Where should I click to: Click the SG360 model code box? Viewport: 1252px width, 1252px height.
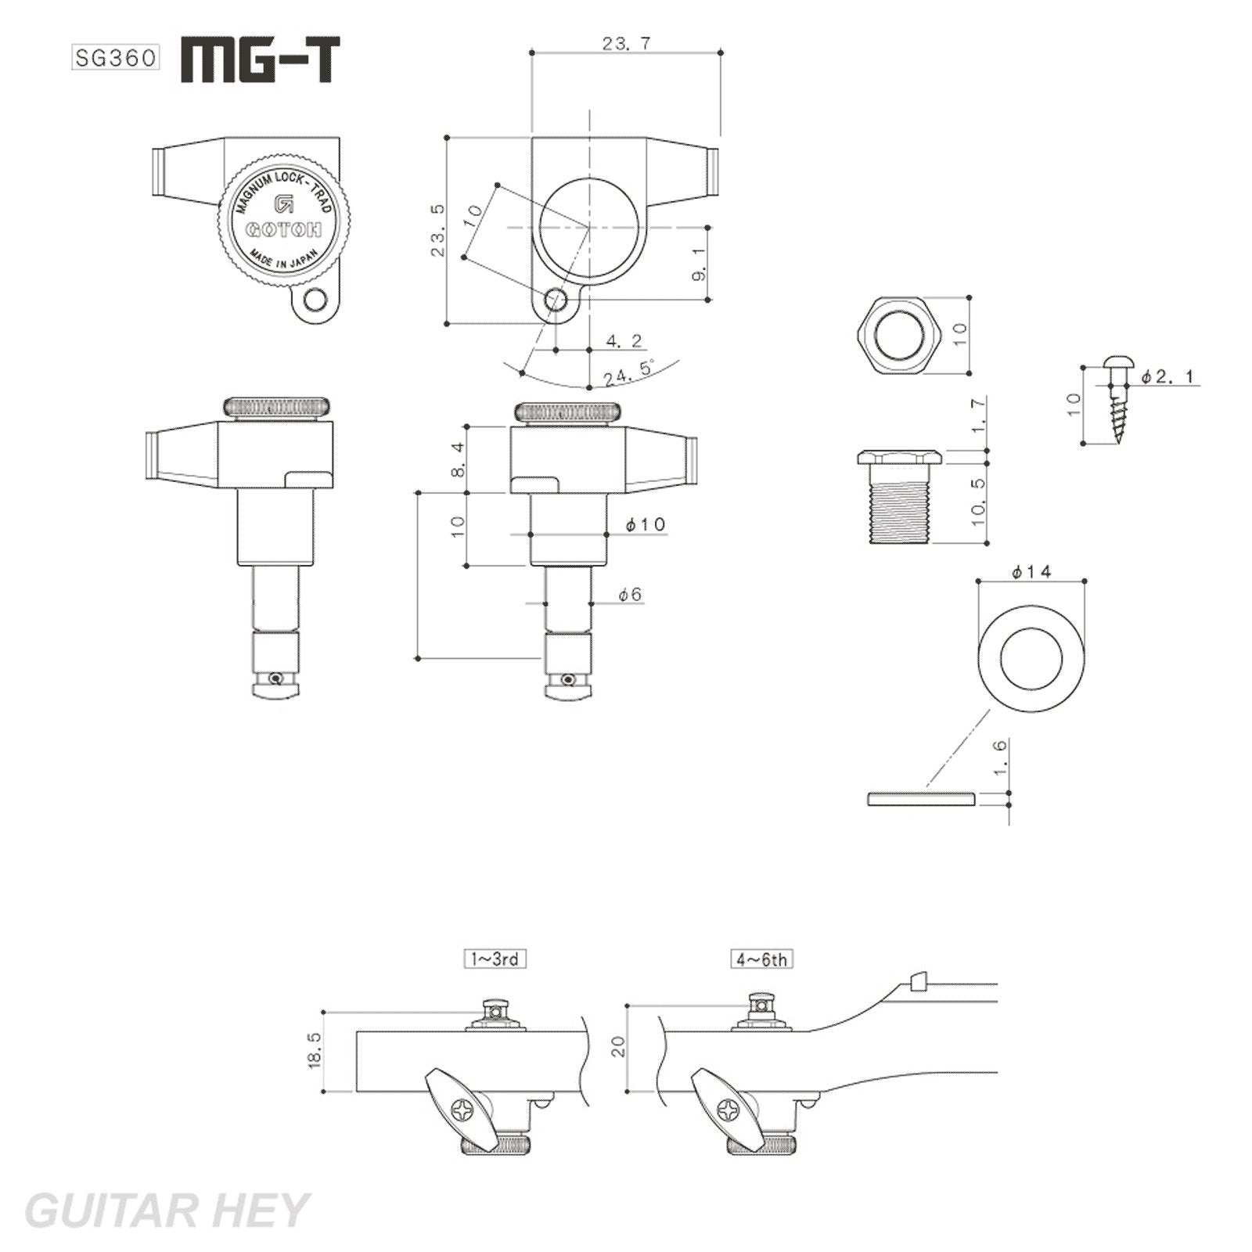click(x=116, y=58)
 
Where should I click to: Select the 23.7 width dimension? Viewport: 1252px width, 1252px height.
click(x=627, y=44)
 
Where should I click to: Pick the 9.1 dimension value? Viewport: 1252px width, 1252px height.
click(x=700, y=264)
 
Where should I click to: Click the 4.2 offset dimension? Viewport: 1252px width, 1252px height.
click(x=624, y=340)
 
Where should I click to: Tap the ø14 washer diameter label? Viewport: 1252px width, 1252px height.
click(x=1031, y=572)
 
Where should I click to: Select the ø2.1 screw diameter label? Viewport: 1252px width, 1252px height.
click(x=1167, y=376)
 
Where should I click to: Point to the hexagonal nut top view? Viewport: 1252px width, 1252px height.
click(x=899, y=336)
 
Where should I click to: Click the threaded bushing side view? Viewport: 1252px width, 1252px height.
click(x=898, y=496)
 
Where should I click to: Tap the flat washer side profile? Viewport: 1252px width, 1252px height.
click(x=920, y=799)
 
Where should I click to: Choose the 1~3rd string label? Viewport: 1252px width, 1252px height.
click(x=495, y=959)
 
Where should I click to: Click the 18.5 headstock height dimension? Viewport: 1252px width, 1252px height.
click(x=315, y=1049)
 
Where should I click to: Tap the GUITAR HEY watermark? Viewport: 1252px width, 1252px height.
click(x=167, y=1211)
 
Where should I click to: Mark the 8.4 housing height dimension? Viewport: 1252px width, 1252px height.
click(x=459, y=459)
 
